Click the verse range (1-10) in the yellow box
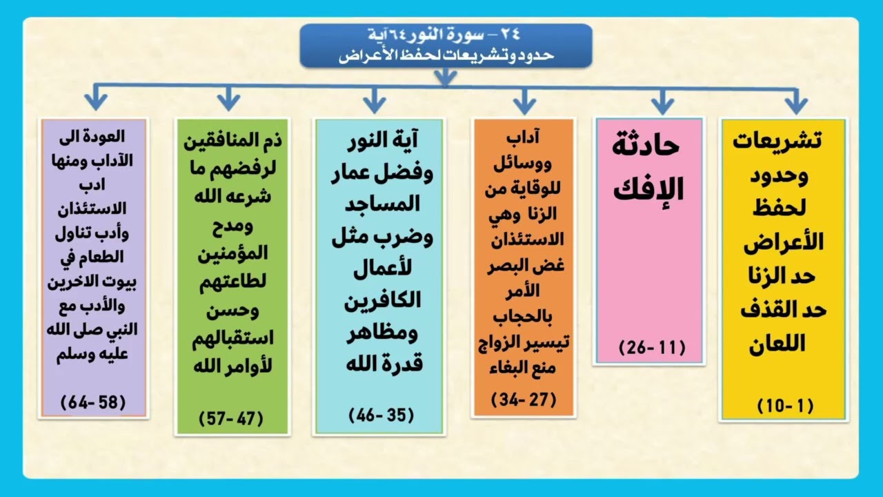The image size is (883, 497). pos(785,407)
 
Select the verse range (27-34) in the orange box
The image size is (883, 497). pos(524,399)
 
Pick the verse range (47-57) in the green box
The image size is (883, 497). pos(231,418)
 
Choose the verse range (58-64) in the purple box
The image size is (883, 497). pos(93,402)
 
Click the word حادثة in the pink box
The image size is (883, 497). pos(646,146)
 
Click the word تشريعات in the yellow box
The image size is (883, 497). pos(777,140)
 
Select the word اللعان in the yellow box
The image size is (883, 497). pos(777,344)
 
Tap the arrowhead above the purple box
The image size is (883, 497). pos(95,101)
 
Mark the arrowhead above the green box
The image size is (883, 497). pos(228,101)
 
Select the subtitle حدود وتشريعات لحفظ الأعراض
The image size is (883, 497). pos(446,55)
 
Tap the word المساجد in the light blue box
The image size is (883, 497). pos(381,204)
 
